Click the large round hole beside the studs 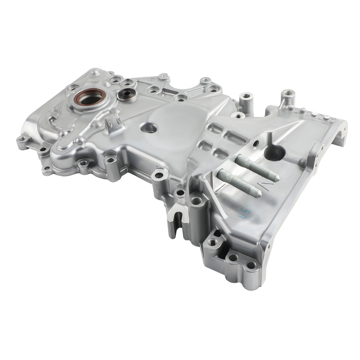coord(274,154)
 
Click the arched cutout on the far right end coord(340,135)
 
